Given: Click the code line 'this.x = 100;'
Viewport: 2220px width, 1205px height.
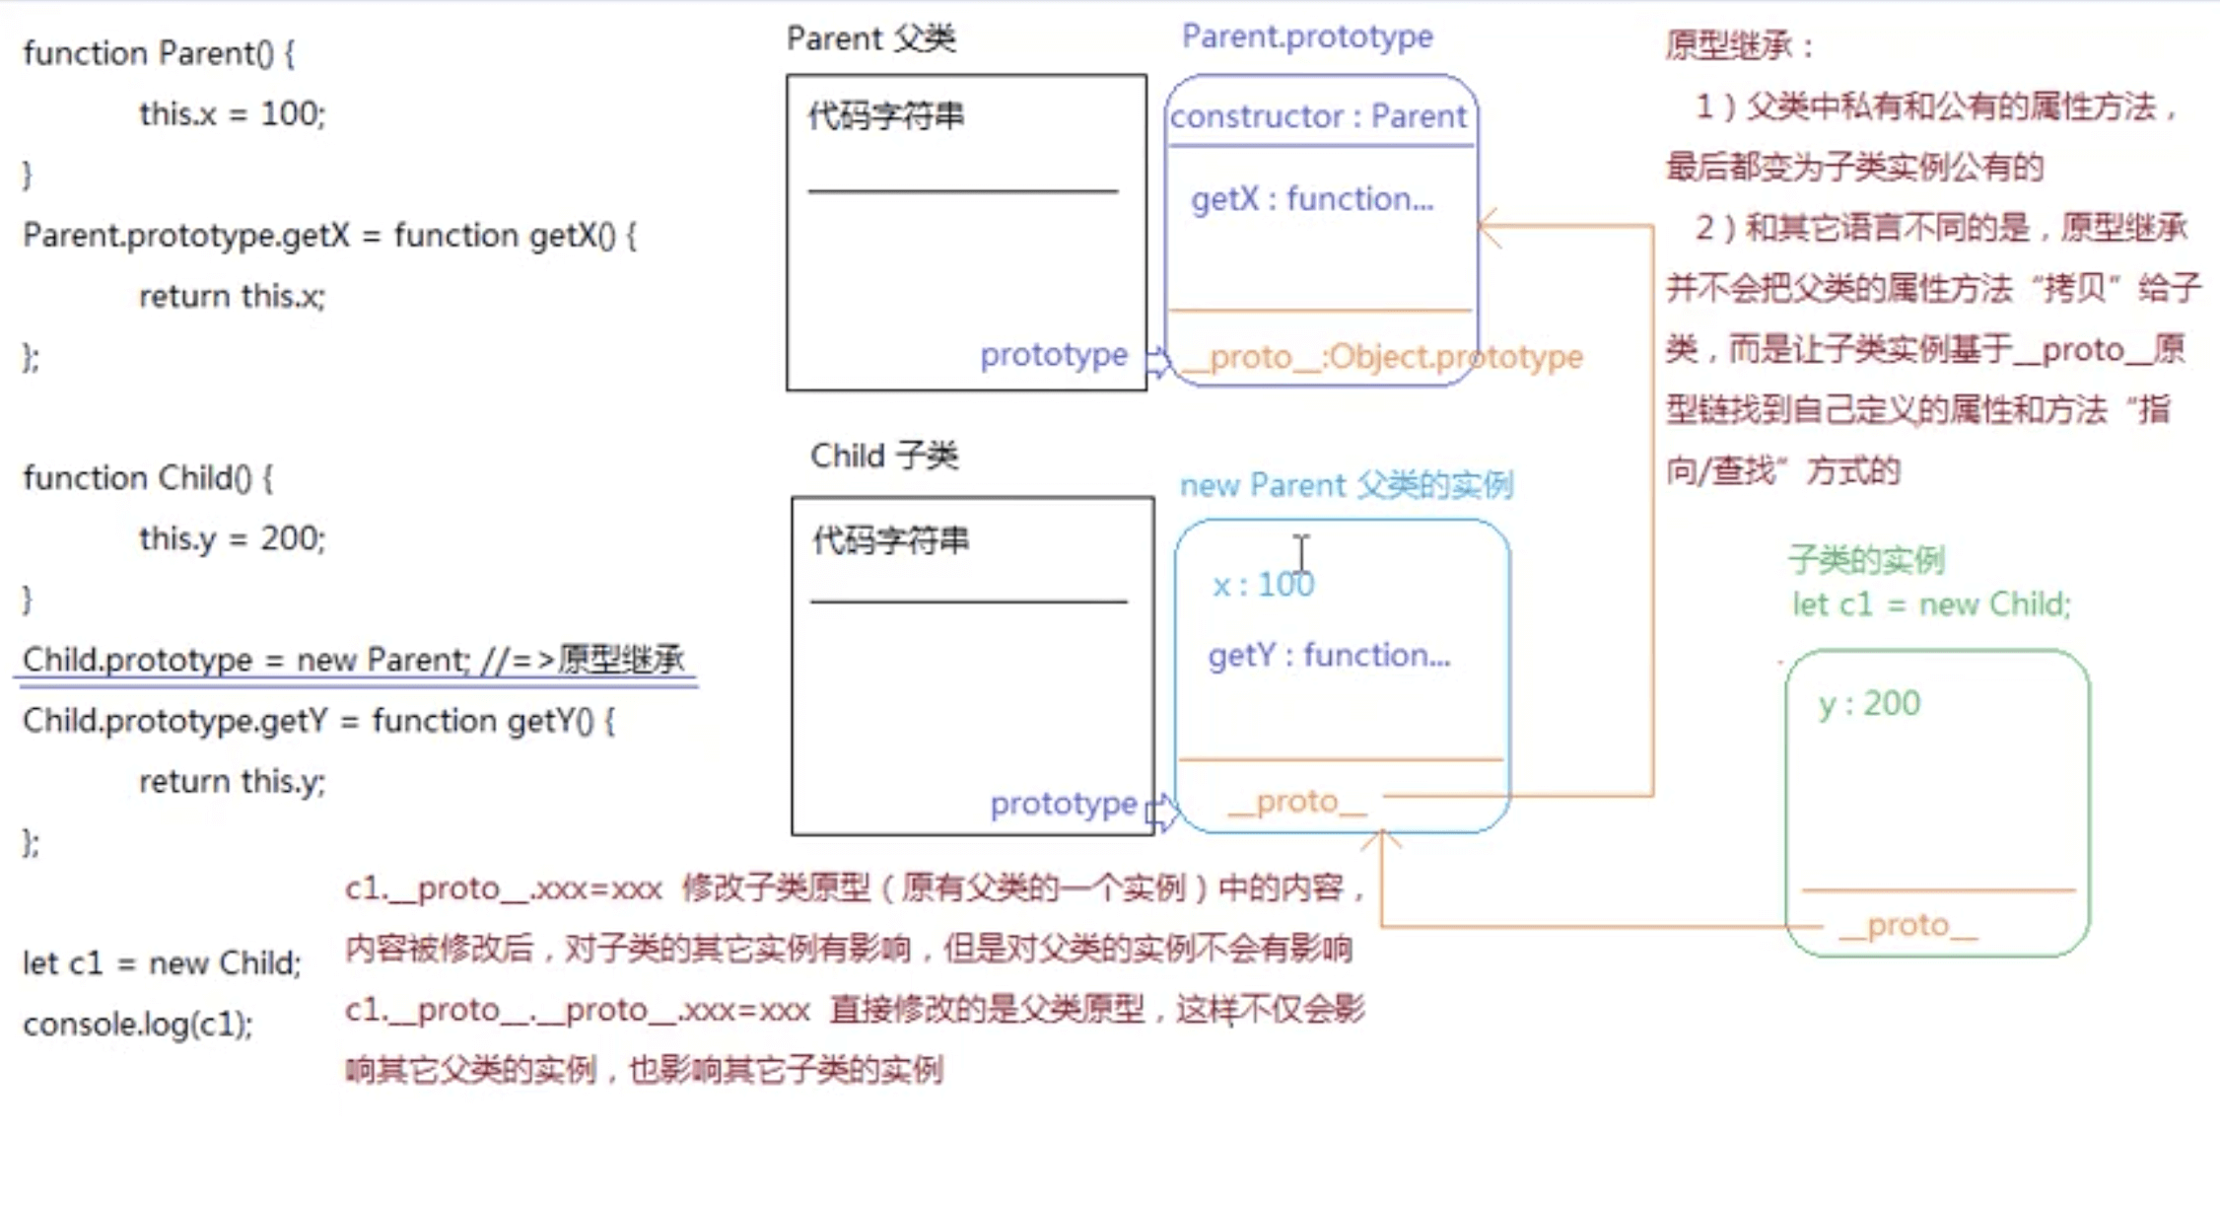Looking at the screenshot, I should click(232, 114).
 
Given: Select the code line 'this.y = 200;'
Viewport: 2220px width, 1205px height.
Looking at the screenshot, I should click(232, 538).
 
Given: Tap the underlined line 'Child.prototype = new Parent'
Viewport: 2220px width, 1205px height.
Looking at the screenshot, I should click(353, 659).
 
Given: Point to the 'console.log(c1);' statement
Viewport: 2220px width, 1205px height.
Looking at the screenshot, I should click(138, 1025).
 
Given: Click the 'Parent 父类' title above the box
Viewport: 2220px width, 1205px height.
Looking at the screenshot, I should click(870, 38).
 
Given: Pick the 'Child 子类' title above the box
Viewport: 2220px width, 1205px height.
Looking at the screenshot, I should click(883, 456).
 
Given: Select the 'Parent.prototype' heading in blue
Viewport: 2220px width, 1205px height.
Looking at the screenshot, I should click(1307, 36).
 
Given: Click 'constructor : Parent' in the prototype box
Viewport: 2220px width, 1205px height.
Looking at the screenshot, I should click(1318, 116).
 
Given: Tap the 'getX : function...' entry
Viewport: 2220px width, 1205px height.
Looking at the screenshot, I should click(1311, 199).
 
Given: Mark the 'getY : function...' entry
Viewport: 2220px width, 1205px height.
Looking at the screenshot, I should click(1329, 655).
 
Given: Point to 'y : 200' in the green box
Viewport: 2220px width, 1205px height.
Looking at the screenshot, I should click(1869, 703).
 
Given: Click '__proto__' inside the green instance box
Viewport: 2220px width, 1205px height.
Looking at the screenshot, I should click(1908, 925).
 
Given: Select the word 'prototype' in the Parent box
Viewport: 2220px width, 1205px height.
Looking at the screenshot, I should click(1053, 355).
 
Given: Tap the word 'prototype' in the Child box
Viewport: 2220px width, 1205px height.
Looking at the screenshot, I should click(1063, 804).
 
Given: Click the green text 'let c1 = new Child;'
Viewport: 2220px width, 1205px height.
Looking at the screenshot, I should click(1931, 603).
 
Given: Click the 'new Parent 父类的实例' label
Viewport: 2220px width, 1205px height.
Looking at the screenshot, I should click(1346, 485).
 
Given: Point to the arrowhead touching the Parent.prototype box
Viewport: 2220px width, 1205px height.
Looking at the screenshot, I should click(1486, 227).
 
